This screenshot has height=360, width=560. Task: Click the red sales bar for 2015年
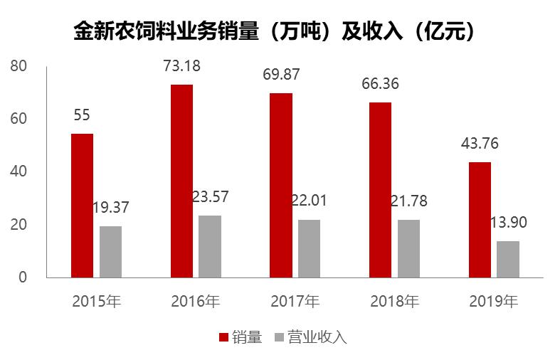82,206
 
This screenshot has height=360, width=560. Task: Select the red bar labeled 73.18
181,181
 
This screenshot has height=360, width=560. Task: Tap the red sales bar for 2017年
280,186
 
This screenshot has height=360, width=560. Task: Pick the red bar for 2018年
380,190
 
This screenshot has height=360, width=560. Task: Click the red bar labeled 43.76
480,220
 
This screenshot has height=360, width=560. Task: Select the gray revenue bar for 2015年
110,252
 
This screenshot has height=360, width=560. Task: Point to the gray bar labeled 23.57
210,246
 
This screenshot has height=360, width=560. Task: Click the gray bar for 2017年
309,248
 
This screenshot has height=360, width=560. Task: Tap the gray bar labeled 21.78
408,248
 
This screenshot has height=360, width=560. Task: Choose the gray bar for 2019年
508,259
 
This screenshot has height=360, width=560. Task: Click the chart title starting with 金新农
275,32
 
